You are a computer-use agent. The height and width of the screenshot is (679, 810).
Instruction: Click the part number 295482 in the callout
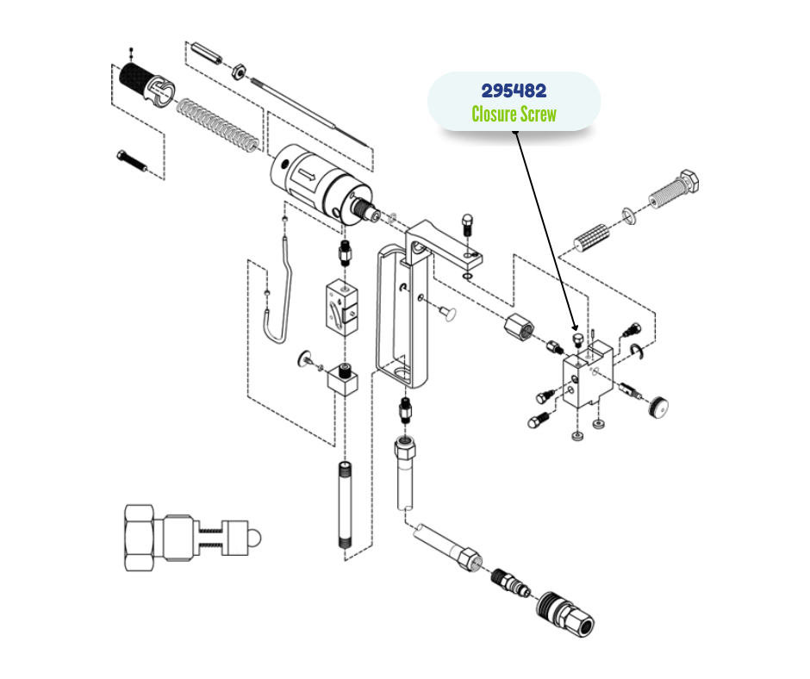click(x=514, y=91)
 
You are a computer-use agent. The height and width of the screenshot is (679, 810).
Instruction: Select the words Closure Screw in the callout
click(x=514, y=114)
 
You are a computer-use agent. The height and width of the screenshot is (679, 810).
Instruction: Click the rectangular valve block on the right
click(x=587, y=377)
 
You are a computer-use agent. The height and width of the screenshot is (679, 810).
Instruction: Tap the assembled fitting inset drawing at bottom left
click(x=190, y=539)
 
